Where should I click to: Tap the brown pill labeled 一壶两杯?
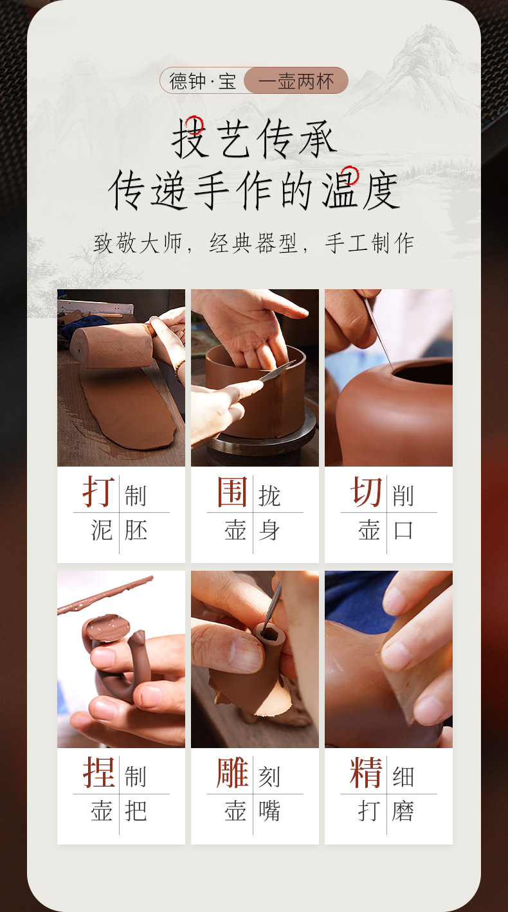click(x=296, y=80)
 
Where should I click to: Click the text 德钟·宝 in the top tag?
click(x=203, y=80)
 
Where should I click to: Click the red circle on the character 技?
click(x=194, y=125)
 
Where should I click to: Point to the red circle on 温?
click(x=350, y=175)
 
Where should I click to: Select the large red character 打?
click(x=98, y=492)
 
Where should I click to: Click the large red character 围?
click(x=232, y=492)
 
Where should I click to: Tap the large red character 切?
click(x=366, y=492)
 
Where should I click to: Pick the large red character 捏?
click(x=98, y=773)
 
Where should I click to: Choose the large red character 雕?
click(x=232, y=773)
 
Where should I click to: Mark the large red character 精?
click(x=366, y=773)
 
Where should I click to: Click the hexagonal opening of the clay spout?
click(x=269, y=634)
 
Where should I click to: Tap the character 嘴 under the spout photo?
click(x=269, y=811)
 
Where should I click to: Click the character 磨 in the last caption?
click(x=403, y=811)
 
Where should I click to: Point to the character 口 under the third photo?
click(x=403, y=530)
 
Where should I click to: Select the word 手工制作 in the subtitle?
click(x=370, y=244)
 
